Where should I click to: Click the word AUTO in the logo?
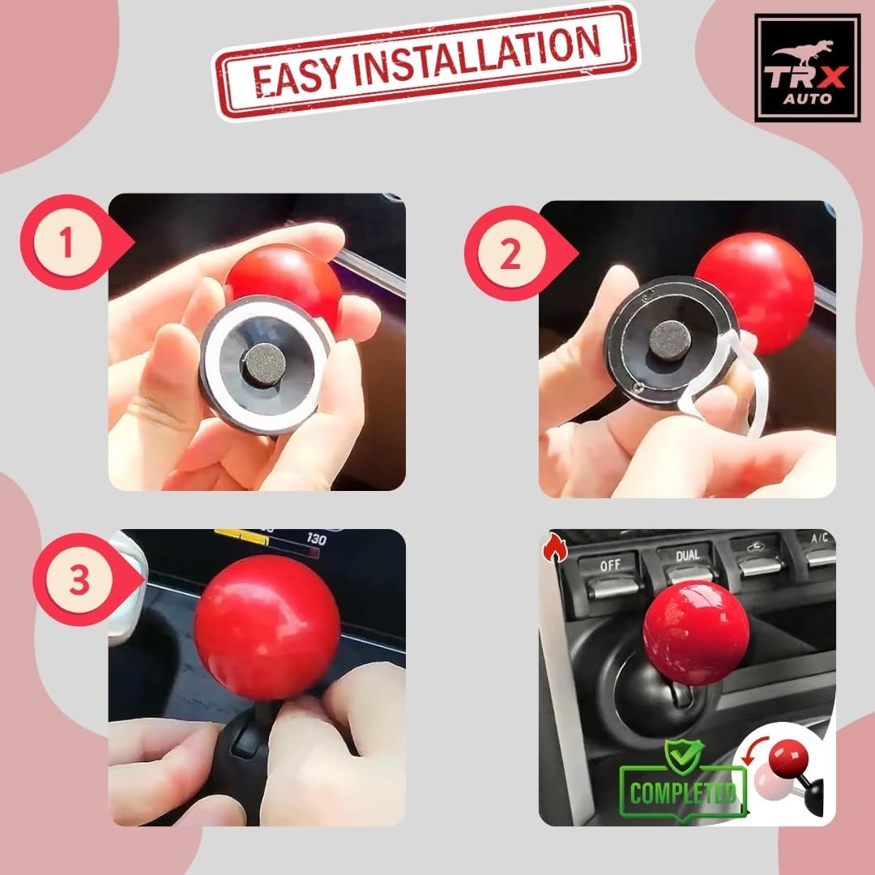(807, 99)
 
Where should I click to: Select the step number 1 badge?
(68, 242)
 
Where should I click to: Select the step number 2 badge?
(511, 254)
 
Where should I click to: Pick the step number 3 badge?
(79, 580)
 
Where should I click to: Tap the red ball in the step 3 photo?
(267, 626)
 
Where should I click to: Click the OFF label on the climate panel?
(610, 565)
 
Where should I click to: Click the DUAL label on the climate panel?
(688, 556)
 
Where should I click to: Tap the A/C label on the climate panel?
(820, 539)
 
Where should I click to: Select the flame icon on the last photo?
(555, 548)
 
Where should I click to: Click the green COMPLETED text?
(683, 792)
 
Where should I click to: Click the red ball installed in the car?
(696, 632)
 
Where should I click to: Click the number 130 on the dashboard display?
(316, 539)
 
